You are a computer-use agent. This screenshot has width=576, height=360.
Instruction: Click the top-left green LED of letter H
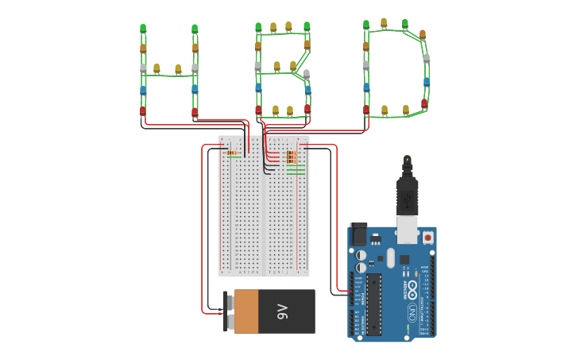point(143,29)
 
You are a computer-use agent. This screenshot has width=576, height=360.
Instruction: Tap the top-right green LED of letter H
point(195,29)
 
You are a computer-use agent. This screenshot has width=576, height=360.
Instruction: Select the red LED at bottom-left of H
point(143,111)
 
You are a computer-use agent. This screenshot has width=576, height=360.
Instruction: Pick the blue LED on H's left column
point(143,90)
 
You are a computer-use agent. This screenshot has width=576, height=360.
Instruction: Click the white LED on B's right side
point(307,74)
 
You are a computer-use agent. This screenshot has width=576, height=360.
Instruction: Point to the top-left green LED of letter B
point(258,27)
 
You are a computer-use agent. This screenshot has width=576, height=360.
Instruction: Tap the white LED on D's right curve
point(427,58)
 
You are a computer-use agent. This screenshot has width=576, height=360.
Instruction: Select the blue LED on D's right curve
point(427,81)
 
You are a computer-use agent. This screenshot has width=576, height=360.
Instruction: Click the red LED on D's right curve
point(424,103)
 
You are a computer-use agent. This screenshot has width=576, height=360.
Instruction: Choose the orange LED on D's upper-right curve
point(423,34)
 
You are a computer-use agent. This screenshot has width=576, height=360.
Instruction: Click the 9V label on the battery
point(282,312)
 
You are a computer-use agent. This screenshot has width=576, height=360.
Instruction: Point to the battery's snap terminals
point(228,312)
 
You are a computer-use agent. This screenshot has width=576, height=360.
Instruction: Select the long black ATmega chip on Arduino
point(373,304)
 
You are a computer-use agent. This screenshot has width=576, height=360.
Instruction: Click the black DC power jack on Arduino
point(358,234)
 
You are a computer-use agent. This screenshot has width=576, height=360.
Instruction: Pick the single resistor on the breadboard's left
point(232,153)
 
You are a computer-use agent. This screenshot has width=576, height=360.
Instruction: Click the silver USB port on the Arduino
point(408,230)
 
